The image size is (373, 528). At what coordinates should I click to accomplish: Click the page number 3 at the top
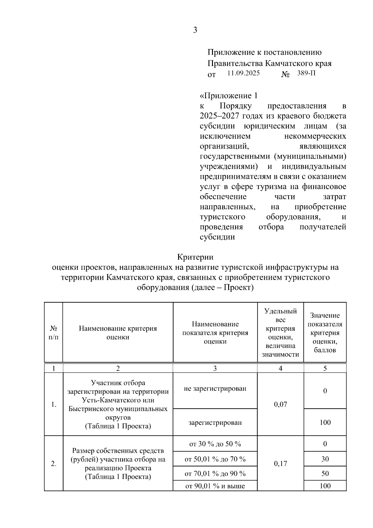pos(195,30)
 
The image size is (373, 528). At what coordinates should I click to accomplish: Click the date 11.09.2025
pos(243,73)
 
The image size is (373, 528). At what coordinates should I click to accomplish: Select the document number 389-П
pos(306,73)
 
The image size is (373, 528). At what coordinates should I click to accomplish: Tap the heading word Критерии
pos(195,257)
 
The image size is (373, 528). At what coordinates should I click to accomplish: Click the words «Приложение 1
pos(228,95)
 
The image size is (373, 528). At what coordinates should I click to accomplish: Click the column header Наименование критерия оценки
pos(118,332)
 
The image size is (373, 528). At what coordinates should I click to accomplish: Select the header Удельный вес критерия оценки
pos(280,332)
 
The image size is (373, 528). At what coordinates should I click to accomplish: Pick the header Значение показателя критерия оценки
pos(325,332)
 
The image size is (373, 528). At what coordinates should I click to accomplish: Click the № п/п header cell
pos(53,332)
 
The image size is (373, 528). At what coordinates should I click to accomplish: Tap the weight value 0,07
pos(280,404)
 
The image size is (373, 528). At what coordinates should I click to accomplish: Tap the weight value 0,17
pos(280,464)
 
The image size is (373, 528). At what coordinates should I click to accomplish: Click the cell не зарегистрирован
pos(215,388)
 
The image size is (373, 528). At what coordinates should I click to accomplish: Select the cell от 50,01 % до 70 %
pos(215,459)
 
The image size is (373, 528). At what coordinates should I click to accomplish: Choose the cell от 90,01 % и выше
pos(215,486)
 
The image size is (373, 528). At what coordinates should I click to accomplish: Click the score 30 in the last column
pos(325,459)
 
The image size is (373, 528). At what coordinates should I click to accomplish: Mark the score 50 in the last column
pos(325,474)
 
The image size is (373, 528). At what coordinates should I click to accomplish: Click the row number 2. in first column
pos(53,464)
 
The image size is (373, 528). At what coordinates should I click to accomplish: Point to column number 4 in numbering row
pos(280,368)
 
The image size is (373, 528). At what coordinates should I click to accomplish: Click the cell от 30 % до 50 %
pos(215,444)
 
